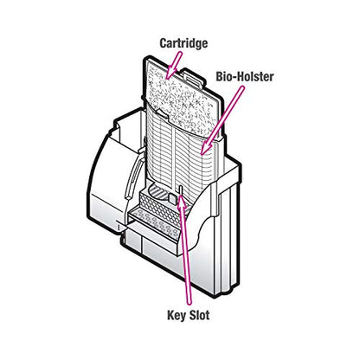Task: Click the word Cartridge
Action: [x=183, y=43]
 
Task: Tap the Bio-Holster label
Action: [x=245, y=77]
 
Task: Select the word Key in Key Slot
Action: [x=177, y=315]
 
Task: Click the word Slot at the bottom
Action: [x=199, y=315]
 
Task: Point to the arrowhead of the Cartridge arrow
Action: [x=170, y=73]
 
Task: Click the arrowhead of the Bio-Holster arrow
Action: [x=205, y=148]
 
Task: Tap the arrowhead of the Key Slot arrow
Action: [x=181, y=201]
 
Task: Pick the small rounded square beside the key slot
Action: [x=172, y=199]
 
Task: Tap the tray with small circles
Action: [x=154, y=222]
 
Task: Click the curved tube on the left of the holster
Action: [x=133, y=177]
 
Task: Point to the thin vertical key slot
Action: [x=180, y=191]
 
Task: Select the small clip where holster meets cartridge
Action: [x=161, y=113]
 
